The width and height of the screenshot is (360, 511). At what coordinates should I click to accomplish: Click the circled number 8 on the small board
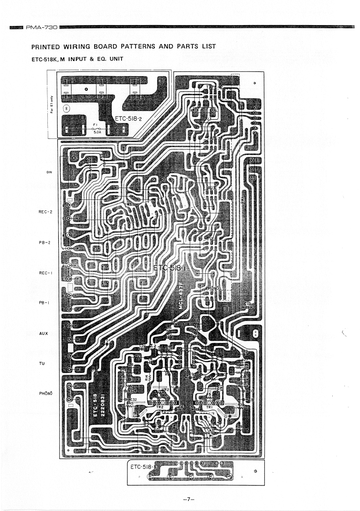[x=67, y=108]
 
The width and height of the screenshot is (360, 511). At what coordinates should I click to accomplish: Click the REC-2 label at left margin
[x=47, y=211]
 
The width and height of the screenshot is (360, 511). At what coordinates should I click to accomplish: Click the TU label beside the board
[x=43, y=364]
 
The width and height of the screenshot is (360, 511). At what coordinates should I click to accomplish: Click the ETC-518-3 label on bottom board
[x=143, y=467]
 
